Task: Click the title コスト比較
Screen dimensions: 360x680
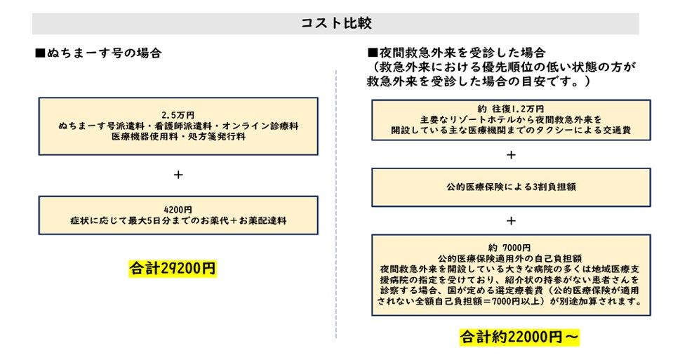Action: click(x=335, y=23)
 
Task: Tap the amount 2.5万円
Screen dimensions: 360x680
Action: click(x=178, y=114)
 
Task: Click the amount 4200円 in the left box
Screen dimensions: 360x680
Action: click(x=178, y=210)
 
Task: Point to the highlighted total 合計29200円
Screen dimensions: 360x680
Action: click(x=173, y=268)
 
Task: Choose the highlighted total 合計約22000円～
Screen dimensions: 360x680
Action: click(x=520, y=337)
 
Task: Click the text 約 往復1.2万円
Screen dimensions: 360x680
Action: click(x=510, y=109)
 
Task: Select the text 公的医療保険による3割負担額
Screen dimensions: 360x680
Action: click(x=510, y=187)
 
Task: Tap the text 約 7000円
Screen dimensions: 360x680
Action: click(x=510, y=247)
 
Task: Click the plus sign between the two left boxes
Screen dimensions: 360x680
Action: click(x=178, y=175)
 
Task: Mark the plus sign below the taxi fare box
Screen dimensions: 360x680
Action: click(x=511, y=154)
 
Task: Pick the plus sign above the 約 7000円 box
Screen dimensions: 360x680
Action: click(x=511, y=220)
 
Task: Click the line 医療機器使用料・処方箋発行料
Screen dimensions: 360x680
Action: click(x=178, y=137)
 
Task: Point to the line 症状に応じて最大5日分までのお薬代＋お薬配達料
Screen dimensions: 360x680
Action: click(x=178, y=221)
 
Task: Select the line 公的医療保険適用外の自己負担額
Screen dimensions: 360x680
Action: click(x=510, y=258)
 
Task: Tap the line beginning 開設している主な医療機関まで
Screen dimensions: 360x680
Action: click(x=510, y=131)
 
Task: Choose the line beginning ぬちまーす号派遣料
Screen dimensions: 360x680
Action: click(x=178, y=126)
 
